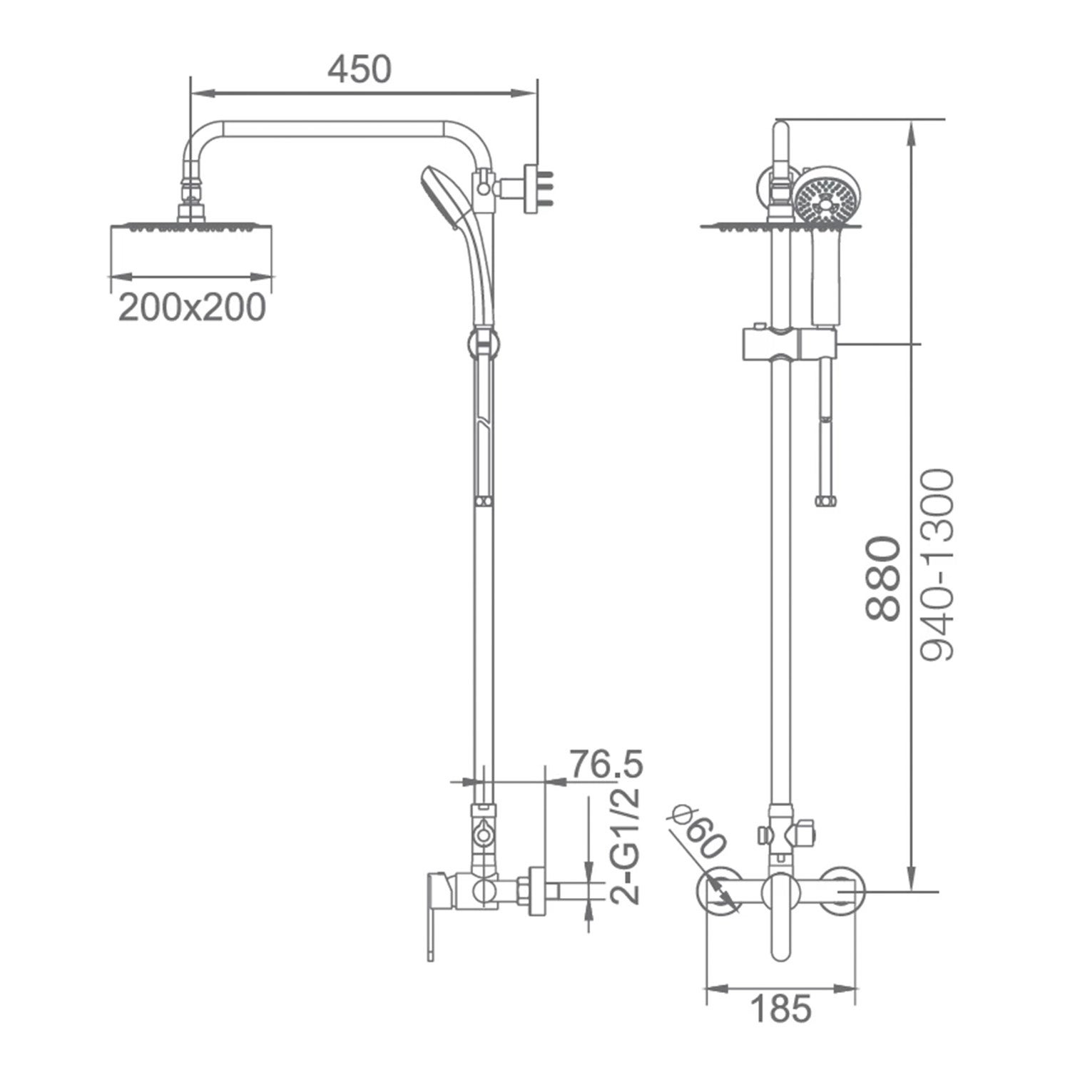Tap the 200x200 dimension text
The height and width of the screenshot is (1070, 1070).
[192, 307]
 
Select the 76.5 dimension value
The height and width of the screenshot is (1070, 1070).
[606, 764]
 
